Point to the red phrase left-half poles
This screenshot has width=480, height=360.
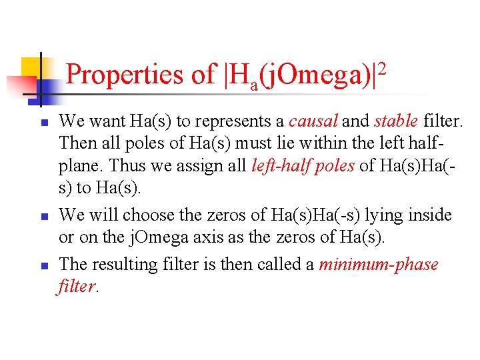[303, 166]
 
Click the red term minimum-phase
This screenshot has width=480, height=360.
[379, 264]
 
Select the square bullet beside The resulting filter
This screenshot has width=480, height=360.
[43, 266]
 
